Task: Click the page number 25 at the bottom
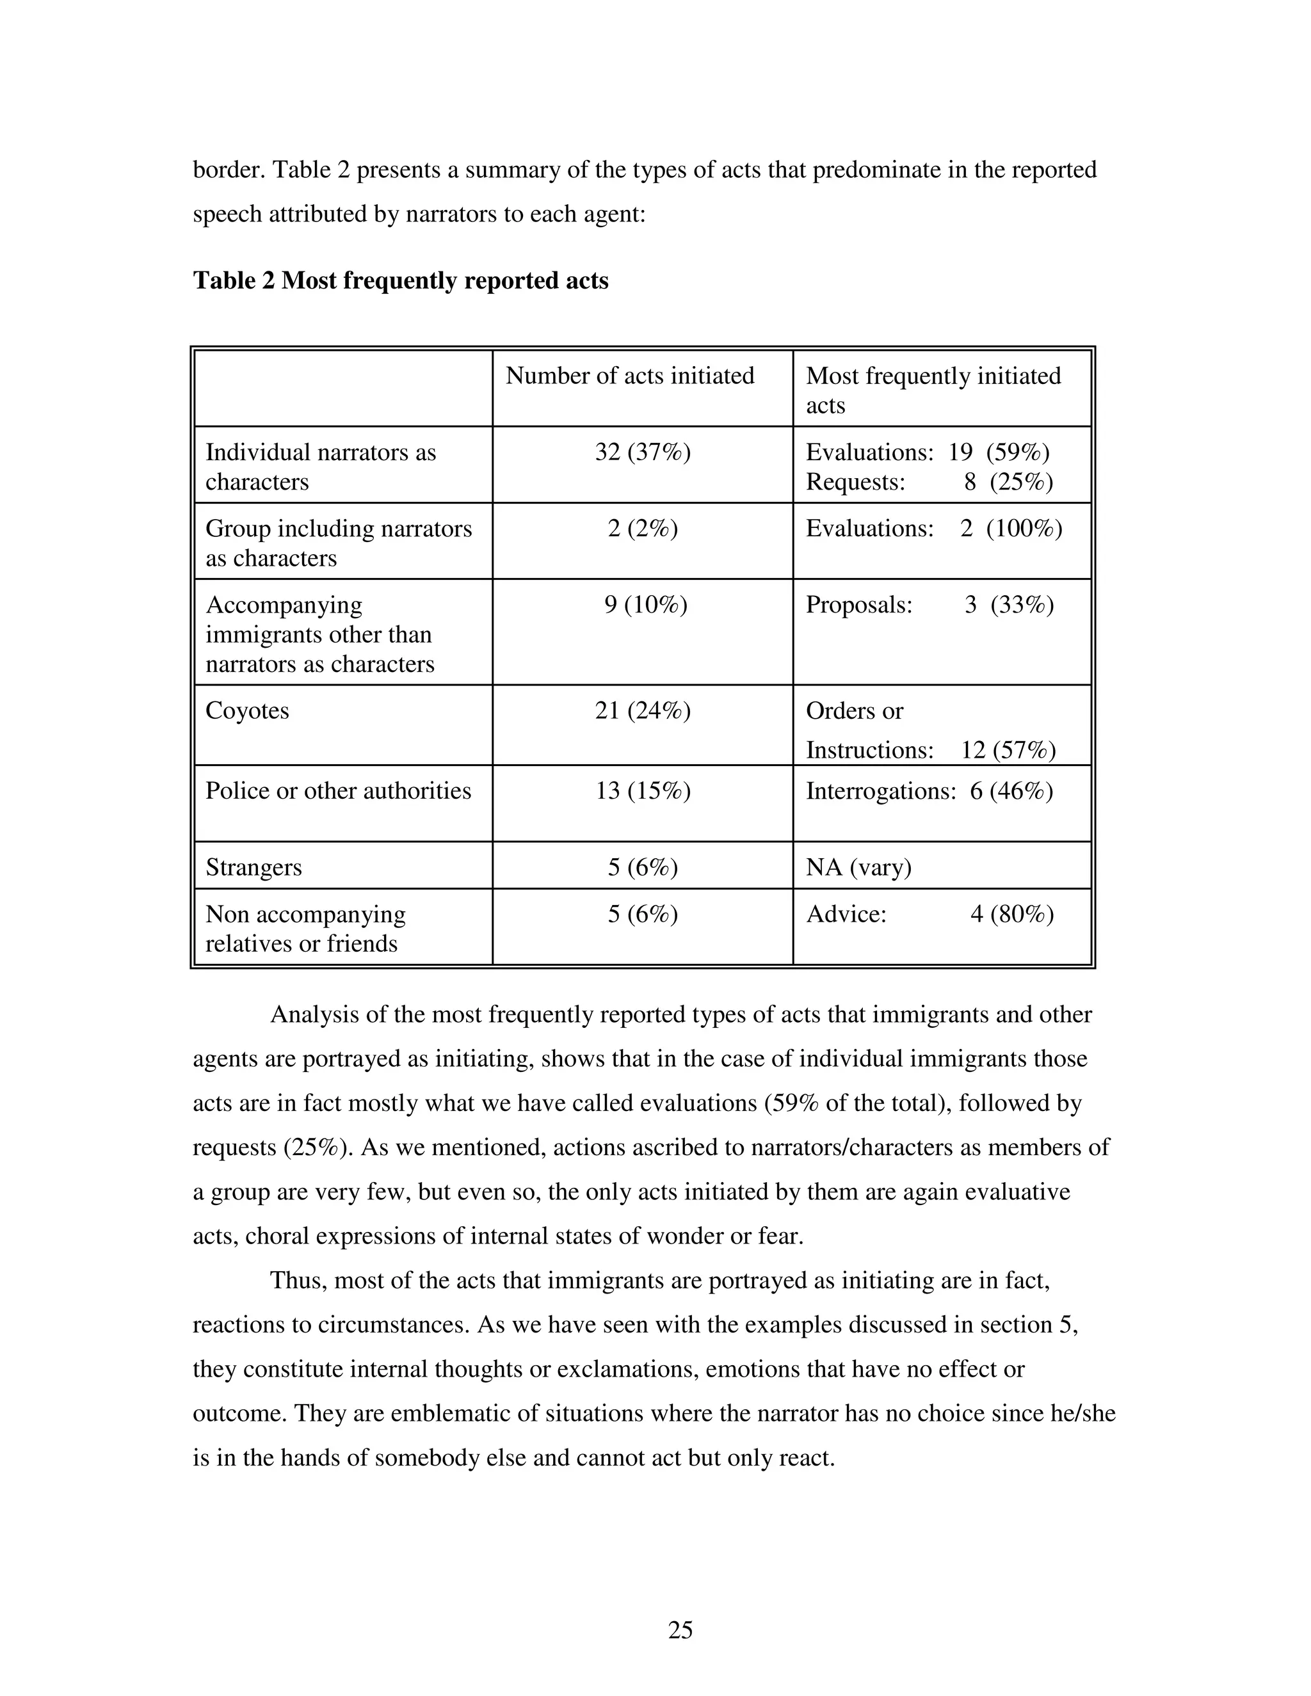(680, 1629)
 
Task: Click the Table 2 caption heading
(400, 280)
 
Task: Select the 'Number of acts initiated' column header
(629, 376)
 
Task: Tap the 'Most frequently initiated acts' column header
(932, 390)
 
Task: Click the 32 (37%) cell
(642, 452)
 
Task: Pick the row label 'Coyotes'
(247, 710)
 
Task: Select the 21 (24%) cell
(642, 710)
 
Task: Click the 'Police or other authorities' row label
(338, 790)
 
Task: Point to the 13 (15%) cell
(642, 790)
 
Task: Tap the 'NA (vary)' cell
(858, 867)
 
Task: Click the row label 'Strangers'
(253, 867)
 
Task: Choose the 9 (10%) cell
(645, 604)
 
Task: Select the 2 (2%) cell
(642, 528)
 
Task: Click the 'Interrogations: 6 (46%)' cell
(929, 790)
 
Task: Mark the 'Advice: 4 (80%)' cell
(929, 914)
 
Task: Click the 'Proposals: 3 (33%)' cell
(929, 604)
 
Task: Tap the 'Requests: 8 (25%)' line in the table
(929, 483)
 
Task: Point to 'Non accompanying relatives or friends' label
(305, 929)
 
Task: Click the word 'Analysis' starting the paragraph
(314, 1015)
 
